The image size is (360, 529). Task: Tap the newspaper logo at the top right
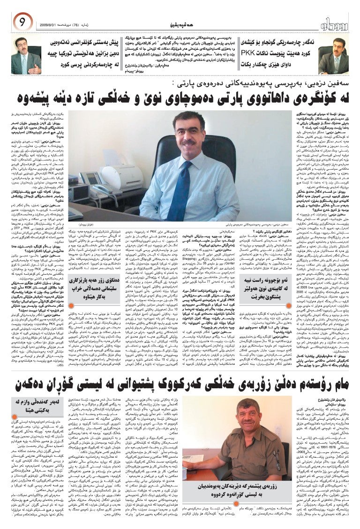coord(338,22)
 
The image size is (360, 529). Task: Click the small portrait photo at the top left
coord(26,56)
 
